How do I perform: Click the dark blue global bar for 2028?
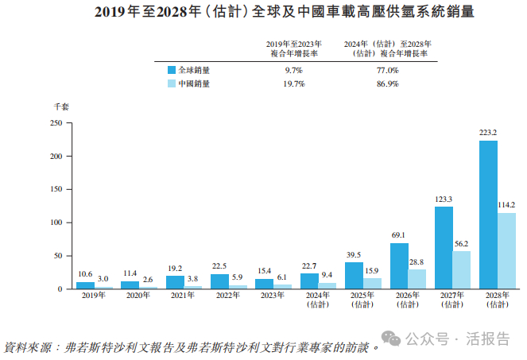tap(489, 215)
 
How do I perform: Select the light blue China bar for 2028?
tap(506, 250)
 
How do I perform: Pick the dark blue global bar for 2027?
tap(444, 247)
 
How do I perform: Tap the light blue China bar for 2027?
tap(462, 269)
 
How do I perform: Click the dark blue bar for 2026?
tap(399, 265)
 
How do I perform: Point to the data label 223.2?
tap(489, 133)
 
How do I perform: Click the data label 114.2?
tap(506, 205)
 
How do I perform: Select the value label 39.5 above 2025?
tap(354, 254)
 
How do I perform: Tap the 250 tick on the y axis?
tap(56, 123)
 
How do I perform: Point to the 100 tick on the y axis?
tap(56, 223)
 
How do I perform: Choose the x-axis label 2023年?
tap(264, 295)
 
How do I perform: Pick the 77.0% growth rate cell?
tap(387, 70)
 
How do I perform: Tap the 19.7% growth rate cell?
tap(294, 83)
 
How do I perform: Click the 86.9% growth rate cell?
tap(387, 83)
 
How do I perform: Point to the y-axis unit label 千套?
tap(61, 106)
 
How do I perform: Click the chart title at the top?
tap(263, 12)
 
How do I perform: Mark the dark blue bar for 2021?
tap(175, 282)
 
